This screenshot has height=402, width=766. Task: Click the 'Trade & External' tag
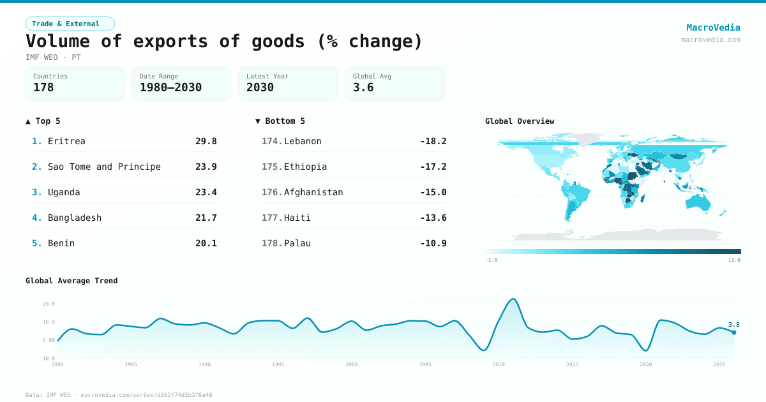point(70,24)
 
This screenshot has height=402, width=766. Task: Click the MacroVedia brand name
point(713,27)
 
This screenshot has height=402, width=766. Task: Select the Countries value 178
point(43,87)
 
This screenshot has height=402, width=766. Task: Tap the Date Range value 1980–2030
point(170,87)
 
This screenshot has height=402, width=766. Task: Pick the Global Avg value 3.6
point(363,87)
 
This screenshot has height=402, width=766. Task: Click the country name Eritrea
point(66,141)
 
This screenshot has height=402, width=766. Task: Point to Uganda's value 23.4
point(206,192)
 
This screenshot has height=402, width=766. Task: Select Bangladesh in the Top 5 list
point(75,218)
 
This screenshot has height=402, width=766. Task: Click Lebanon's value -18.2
point(433,141)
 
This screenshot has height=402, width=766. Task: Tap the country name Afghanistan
point(313,192)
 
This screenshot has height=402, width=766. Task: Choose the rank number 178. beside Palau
point(272,243)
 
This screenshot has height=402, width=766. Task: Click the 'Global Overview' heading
point(520,121)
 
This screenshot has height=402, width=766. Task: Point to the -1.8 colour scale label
point(491,260)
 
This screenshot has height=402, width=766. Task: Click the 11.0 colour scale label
point(734,260)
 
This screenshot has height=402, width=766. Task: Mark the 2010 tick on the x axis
point(499,364)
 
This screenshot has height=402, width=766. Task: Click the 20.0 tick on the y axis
point(49,304)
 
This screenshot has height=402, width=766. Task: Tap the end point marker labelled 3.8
point(734,332)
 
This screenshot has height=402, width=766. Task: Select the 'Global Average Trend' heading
point(71,281)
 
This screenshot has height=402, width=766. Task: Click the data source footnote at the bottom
point(119,395)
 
